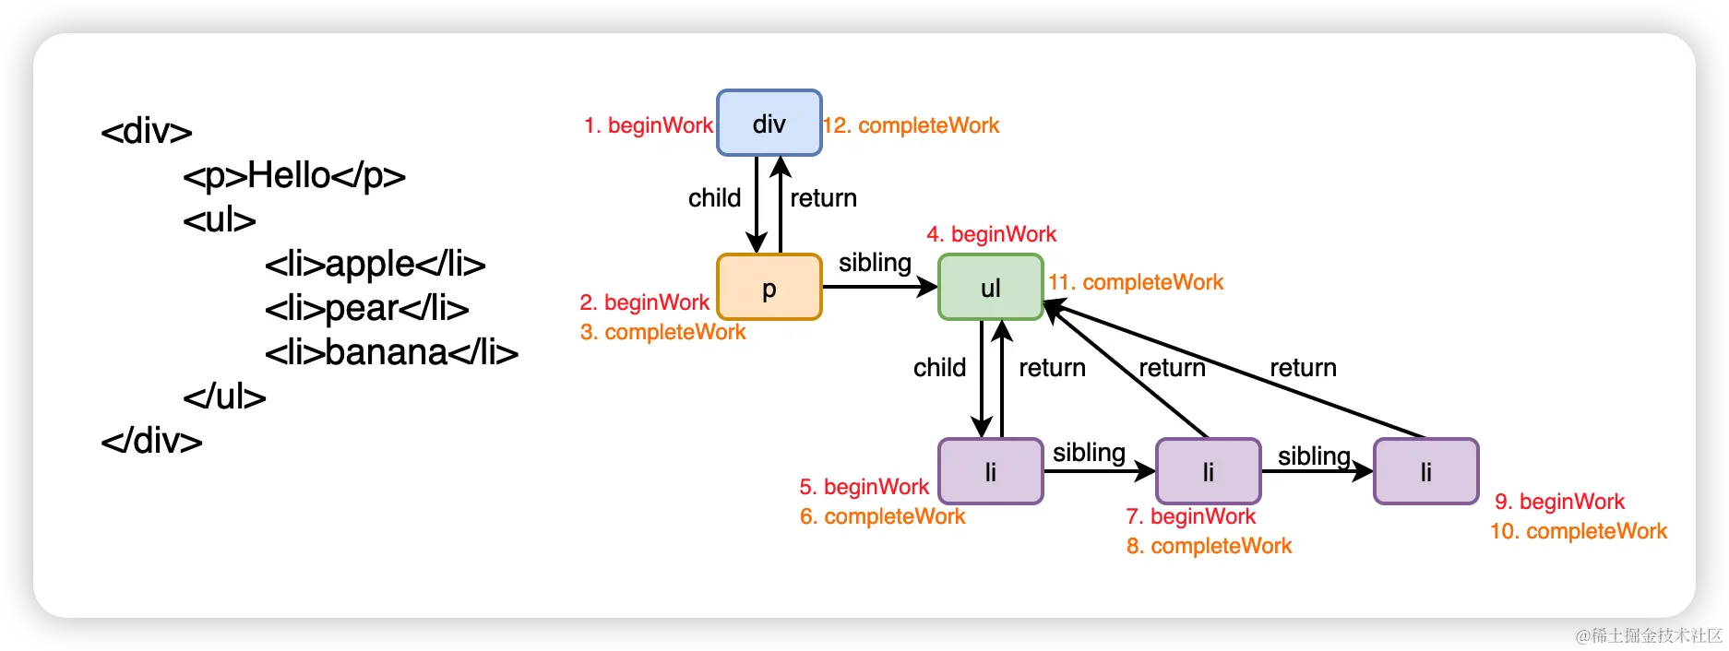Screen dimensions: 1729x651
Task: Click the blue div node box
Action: coord(769,123)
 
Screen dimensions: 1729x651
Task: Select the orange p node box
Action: coord(769,287)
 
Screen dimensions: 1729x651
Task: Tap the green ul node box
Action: coord(991,287)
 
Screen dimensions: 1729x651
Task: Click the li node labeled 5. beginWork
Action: coord(991,471)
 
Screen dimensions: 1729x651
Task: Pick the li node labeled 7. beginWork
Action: coord(1209,471)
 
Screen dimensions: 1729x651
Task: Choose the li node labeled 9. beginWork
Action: coord(1426,471)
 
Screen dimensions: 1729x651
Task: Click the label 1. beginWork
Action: coord(649,125)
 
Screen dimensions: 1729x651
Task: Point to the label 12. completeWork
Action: coord(912,125)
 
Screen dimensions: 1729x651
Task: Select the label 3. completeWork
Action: coord(662,332)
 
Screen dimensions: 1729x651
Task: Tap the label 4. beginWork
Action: coord(992,234)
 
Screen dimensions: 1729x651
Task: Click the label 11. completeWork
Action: coord(1136,282)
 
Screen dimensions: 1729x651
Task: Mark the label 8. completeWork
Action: coord(1209,546)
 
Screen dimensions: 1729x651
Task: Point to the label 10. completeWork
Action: coord(1579,531)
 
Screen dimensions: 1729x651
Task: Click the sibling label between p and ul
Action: coord(875,263)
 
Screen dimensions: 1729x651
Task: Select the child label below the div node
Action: coord(715,198)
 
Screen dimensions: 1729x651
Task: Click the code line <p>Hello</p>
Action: coord(294,175)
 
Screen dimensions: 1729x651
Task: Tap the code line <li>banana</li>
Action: coord(391,352)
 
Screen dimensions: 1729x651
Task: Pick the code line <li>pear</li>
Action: coord(367,308)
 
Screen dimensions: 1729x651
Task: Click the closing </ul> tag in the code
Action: coord(224,397)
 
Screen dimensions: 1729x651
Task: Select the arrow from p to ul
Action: coord(880,287)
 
